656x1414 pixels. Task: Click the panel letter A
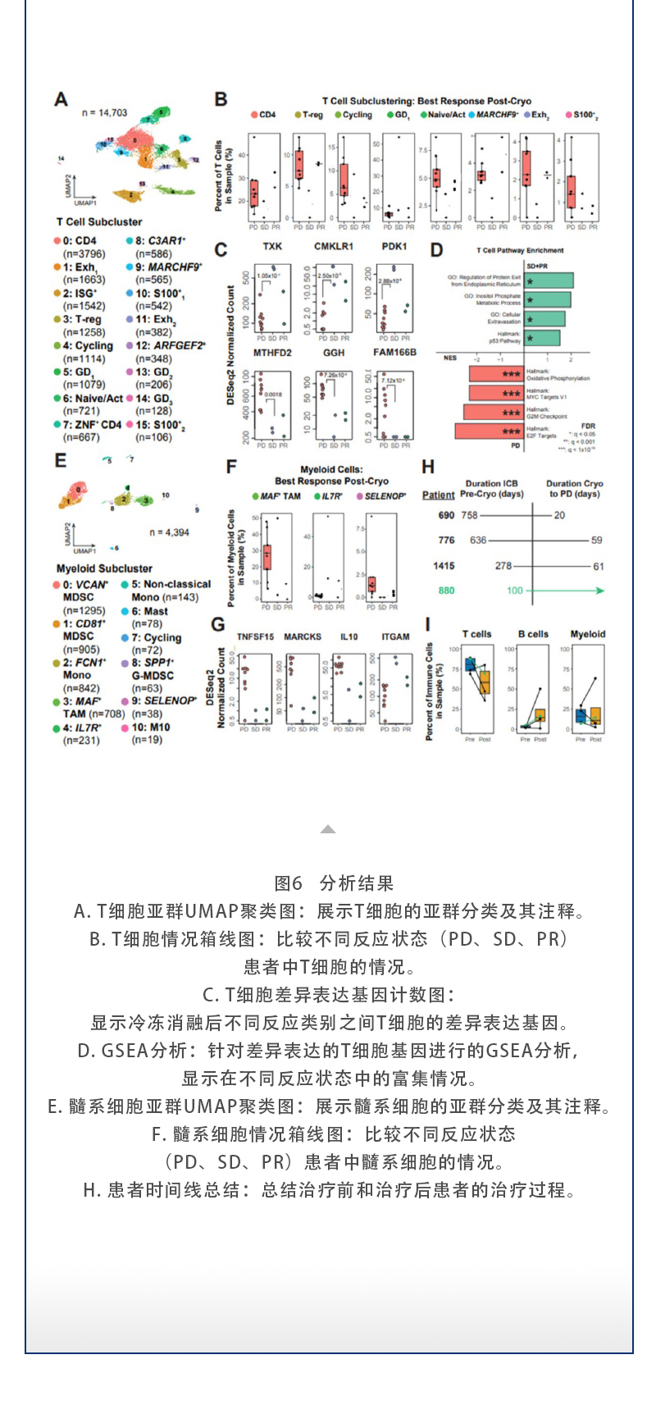[61, 99]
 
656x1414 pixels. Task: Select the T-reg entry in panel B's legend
[308, 116]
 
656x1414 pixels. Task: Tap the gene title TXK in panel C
[272, 247]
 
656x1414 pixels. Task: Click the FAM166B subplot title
[394, 353]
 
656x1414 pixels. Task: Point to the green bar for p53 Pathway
[542, 338]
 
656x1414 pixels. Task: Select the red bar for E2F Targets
[489, 431]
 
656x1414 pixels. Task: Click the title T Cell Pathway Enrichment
[520, 250]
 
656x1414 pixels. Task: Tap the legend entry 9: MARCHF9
[164, 267]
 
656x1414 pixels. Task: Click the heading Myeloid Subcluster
[104, 568]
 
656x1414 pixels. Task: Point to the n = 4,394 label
[169, 532]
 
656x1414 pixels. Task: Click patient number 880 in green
[446, 591]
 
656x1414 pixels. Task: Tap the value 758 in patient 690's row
[469, 515]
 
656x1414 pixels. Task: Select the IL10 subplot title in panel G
[349, 636]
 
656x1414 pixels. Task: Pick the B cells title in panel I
[533, 634]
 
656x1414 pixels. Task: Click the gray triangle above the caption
[328, 829]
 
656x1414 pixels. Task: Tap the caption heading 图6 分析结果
[334, 883]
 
